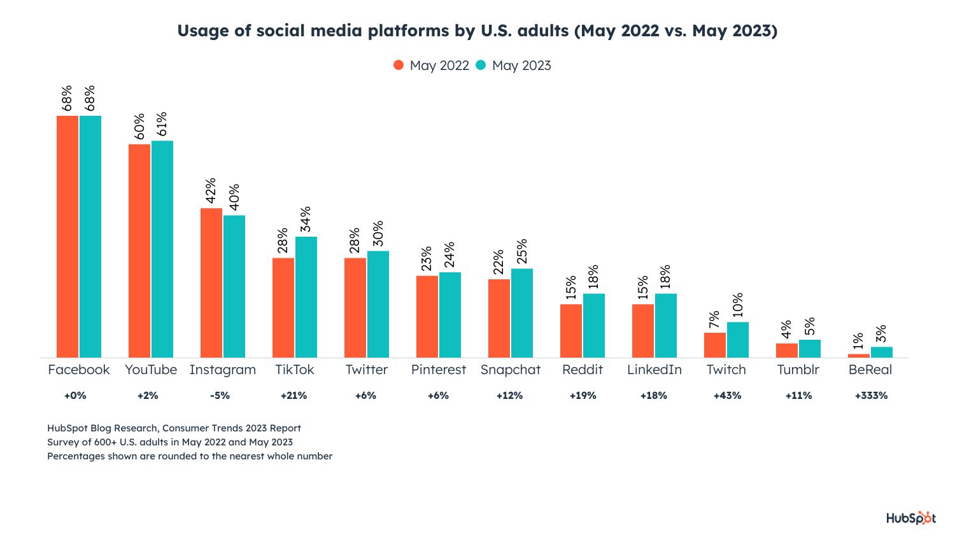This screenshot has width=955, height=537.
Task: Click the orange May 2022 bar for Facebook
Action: [x=67, y=236]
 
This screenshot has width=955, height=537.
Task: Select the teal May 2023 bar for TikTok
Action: [x=306, y=296]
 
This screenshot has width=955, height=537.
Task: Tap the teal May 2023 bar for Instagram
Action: [x=234, y=286]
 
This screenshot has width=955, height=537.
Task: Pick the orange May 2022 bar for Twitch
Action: [x=715, y=345]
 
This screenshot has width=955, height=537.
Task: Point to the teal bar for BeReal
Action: [x=882, y=352]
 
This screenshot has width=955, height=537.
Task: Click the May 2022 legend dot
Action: [x=399, y=65]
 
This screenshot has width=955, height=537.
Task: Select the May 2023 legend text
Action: [x=521, y=66]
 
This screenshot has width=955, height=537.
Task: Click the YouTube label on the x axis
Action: [x=151, y=370]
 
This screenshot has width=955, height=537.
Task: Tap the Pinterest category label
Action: [x=439, y=370]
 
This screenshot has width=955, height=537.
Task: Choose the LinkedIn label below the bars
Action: [x=654, y=370]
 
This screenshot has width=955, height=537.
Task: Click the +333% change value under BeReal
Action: [x=871, y=396]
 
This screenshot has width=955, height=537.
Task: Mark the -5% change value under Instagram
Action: [x=220, y=396]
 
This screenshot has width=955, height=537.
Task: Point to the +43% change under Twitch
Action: [x=727, y=396]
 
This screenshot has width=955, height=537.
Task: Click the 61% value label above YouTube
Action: [x=162, y=124]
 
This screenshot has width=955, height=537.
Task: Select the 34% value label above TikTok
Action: [x=306, y=219]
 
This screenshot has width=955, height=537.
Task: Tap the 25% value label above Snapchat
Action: [x=521, y=251]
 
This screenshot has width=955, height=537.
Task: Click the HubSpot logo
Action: [x=911, y=518]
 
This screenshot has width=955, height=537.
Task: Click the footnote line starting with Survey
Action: [x=170, y=442]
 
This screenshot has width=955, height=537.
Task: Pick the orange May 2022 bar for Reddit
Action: [x=571, y=331]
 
